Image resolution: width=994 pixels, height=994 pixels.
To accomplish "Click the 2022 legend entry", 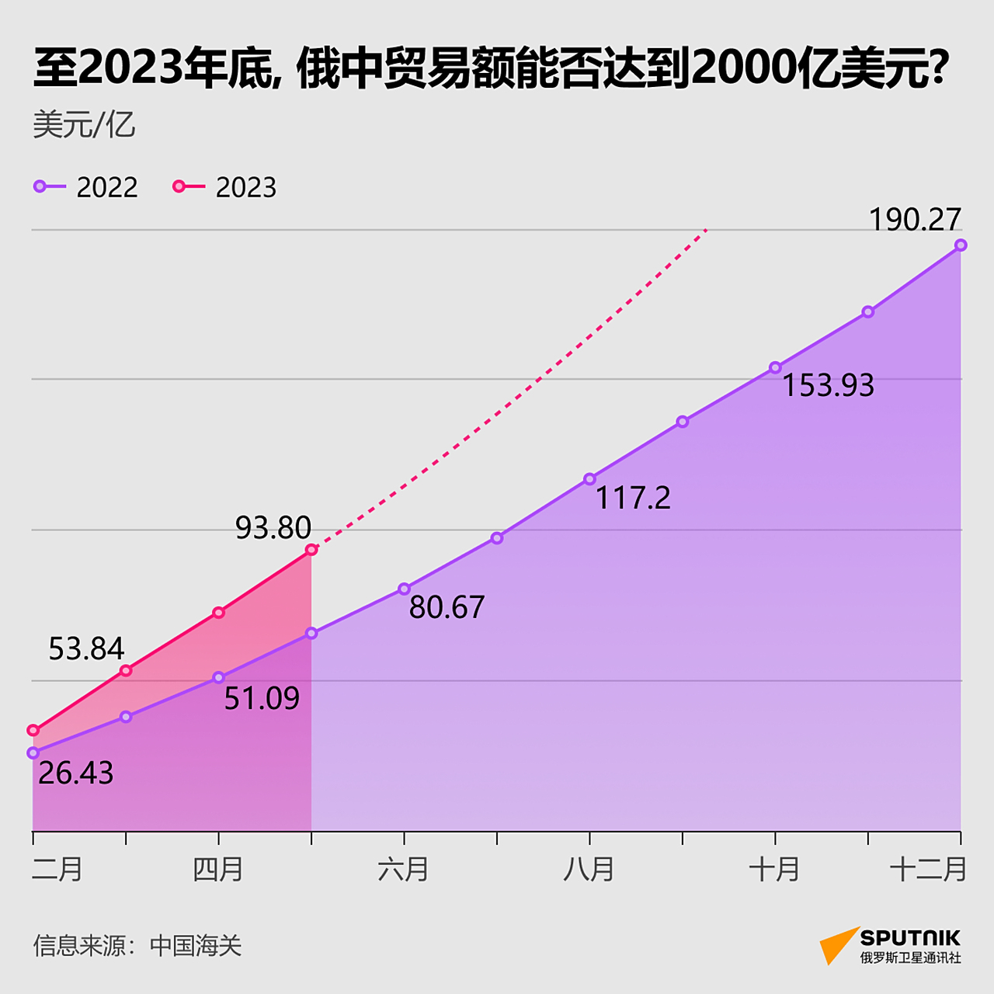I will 85,187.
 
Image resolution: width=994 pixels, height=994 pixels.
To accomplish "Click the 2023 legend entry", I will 224,187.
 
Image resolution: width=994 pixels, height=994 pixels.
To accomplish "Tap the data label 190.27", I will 915,220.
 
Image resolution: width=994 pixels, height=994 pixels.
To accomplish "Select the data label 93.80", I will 273,528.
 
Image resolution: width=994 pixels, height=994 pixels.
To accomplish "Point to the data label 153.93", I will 828,386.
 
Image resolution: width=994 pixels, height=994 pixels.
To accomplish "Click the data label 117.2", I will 632,498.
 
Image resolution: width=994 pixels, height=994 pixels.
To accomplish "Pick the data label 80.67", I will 447,607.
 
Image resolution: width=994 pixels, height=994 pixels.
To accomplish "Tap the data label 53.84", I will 86,649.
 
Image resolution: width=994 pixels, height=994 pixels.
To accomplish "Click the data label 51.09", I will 262,699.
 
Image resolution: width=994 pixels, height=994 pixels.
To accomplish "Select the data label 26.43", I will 75,773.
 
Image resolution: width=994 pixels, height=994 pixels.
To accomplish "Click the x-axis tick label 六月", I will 403,869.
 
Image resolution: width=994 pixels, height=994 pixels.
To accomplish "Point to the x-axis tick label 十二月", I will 928,869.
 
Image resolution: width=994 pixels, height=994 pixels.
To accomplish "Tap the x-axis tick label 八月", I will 589,869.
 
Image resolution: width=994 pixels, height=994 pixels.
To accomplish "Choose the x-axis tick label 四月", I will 218,869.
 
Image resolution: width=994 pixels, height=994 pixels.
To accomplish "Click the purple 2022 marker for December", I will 961,245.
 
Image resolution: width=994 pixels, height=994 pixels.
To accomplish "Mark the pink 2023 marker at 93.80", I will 311,550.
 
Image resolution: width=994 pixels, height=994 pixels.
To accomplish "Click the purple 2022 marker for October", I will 775,367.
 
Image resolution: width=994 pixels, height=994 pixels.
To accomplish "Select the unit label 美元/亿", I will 84,125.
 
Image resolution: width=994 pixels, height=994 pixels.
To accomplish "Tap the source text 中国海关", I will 196,946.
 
